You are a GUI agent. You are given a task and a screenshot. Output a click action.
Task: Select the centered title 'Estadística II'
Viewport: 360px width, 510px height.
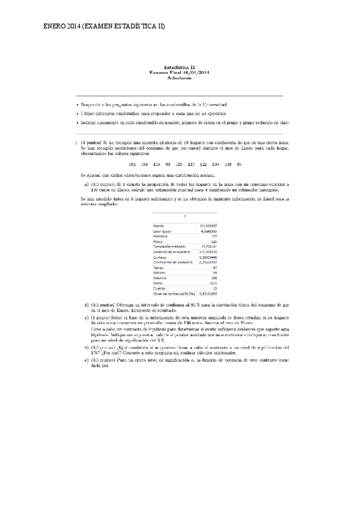pyautogui.click(x=180, y=68)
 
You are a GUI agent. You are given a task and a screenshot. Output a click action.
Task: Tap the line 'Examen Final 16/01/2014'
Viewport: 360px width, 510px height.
pyautogui.click(x=180, y=73)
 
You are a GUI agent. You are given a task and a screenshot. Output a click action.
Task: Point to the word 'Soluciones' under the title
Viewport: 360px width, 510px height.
pyautogui.click(x=180, y=78)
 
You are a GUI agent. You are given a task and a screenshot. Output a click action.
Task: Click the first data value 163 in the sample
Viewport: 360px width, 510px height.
pyautogui.click(x=132, y=164)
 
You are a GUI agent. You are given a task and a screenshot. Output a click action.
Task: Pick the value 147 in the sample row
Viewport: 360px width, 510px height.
pyautogui.click(x=191, y=164)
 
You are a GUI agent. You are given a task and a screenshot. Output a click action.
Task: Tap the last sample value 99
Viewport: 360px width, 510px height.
pyautogui.click(x=239, y=164)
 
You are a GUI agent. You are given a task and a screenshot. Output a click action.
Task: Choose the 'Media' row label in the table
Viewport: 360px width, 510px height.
pyautogui.click(x=159, y=226)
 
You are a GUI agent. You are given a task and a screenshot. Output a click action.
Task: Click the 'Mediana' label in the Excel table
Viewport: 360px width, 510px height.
pyautogui.click(x=161, y=236)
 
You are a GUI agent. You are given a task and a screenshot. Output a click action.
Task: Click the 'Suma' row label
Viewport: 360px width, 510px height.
pyautogui.click(x=159, y=282)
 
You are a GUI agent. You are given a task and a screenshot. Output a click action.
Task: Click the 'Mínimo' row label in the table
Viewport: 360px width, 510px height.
pyautogui.click(x=160, y=272)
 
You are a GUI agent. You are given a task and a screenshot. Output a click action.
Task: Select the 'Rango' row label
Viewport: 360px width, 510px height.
pyautogui.click(x=159, y=267)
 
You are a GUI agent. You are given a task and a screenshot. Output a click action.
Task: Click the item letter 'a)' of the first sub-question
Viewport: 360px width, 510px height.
pyautogui.click(x=87, y=183)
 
